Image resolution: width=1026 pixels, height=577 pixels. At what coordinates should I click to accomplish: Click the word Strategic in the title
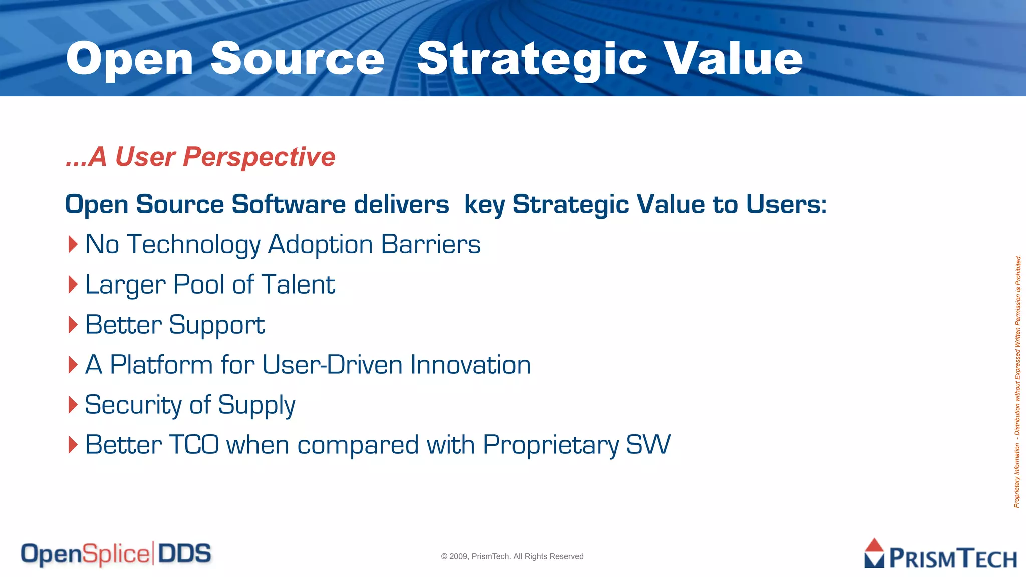click(532, 59)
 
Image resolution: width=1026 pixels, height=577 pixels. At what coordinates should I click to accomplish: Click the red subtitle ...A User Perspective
click(200, 157)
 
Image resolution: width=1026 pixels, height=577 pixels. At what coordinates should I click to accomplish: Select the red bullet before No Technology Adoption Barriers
click(73, 245)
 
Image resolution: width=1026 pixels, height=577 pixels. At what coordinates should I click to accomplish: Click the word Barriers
click(430, 245)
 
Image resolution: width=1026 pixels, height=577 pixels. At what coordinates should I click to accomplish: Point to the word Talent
click(298, 284)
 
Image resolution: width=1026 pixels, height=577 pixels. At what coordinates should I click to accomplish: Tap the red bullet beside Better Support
click(73, 325)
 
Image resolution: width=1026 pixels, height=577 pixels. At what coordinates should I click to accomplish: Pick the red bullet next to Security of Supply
click(73, 405)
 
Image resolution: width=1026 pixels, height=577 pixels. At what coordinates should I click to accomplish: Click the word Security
click(133, 405)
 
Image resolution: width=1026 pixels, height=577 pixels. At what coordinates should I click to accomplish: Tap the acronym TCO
click(194, 445)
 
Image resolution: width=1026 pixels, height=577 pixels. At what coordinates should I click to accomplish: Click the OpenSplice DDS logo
click(116, 554)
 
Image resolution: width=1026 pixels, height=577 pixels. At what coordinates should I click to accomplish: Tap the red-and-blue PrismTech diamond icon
click(874, 553)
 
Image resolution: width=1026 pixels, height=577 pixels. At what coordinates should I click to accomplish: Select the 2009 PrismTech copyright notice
click(512, 556)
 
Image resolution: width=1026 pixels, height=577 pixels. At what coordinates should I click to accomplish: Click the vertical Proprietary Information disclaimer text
click(1017, 382)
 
